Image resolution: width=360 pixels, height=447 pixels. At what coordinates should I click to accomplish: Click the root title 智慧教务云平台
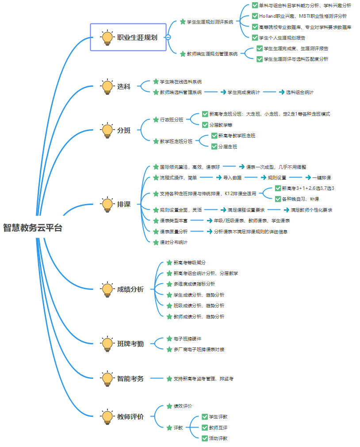(32, 228)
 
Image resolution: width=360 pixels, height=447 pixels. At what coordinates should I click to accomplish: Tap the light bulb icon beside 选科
(107, 87)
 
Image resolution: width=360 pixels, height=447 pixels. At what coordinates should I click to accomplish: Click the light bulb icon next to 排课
(107, 204)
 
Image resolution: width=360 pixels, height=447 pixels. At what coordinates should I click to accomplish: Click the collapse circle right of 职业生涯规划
(168, 38)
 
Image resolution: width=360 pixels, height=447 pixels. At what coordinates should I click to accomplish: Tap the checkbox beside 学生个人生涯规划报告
(255, 38)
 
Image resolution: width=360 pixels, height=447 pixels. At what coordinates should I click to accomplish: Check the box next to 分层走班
(214, 146)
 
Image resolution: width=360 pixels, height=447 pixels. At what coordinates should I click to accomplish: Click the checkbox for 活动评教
(204, 438)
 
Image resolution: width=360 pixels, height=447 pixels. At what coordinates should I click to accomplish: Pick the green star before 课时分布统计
(156, 242)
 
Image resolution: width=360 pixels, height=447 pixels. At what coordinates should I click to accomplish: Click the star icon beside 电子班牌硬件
(169, 339)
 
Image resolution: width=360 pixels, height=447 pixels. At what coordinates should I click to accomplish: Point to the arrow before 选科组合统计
(281, 92)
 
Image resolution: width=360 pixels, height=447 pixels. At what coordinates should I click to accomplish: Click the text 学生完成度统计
(244, 92)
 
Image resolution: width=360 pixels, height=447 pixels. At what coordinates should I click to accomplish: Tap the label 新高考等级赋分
(189, 263)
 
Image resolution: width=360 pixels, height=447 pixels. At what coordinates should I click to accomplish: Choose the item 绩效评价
(182, 406)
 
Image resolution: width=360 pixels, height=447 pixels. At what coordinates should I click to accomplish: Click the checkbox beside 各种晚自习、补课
(278, 199)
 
